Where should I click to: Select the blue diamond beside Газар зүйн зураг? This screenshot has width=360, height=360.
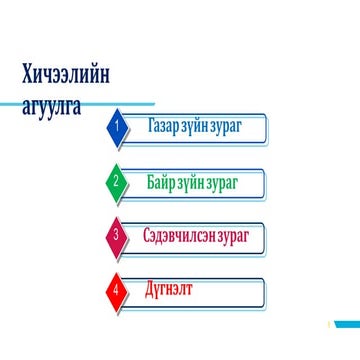[118, 129]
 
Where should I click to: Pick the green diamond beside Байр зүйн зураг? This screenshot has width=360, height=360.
[118, 183]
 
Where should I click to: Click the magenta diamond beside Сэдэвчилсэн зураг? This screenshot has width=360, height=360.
[118, 237]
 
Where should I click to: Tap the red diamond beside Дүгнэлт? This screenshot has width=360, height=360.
[118, 291]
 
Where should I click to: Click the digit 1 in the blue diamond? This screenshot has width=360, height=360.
[117, 129]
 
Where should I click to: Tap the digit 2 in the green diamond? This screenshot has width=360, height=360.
[117, 183]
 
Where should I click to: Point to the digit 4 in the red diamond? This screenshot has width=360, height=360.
[117, 291]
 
